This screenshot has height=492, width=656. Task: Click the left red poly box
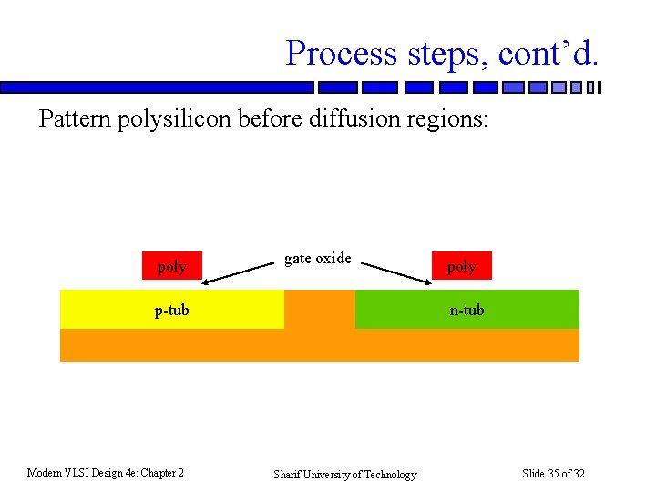[x=171, y=265]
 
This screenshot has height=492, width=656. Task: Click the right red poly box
[x=461, y=265]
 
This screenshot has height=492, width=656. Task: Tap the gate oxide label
[x=317, y=258]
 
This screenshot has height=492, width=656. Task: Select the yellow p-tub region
[x=109, y=310]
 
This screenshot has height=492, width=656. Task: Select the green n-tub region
[x=528, y=310]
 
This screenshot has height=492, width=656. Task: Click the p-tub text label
[x=171, y=310]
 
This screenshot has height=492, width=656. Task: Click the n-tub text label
[x=466, y=310]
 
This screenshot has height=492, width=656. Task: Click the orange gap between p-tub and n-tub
[x=319, y=310]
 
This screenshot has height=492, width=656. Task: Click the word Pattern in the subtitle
[x=75, y=119]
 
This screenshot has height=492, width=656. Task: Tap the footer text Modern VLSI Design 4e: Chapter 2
[x=106, y=472]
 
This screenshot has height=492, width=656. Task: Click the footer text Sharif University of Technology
[x=345, y=474]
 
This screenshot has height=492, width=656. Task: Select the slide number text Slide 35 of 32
[x=553, y=473]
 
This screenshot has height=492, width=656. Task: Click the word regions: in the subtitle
[x=446, y=120]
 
